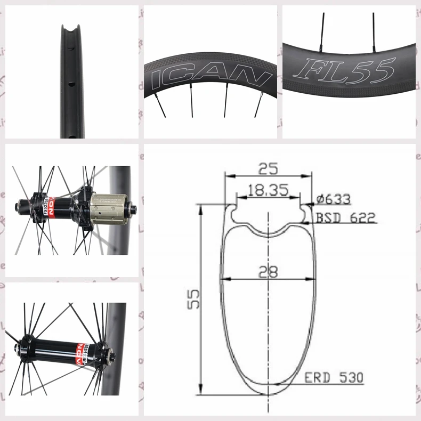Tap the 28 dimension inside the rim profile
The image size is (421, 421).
point(268,272)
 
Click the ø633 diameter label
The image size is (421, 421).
point(334,199)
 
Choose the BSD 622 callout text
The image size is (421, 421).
point(346,217)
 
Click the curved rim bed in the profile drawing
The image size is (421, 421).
point(268,232)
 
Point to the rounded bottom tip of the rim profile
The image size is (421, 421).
point(268,393)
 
